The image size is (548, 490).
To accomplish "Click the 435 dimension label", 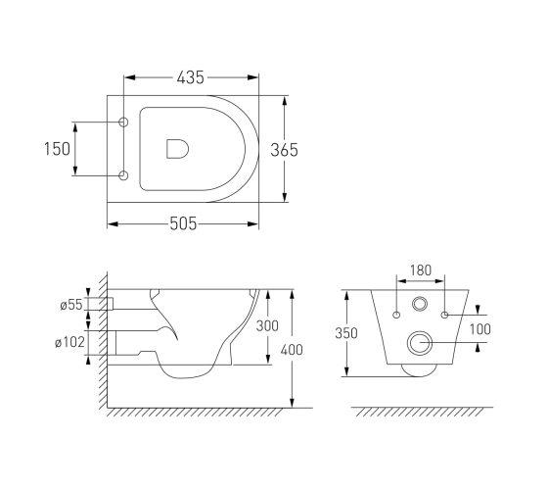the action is click(x=190, y=77).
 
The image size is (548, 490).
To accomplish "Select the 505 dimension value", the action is click(x=183, y=223).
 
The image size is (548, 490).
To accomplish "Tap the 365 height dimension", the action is click(x=284, y=150).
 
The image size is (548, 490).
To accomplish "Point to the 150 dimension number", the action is click(x=57, y=149).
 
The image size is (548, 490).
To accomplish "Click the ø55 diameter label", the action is click(x=71, y=305).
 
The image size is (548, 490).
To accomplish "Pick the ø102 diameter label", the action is click(x=69, y=342).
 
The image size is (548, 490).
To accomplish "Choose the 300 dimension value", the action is click(x=267, y=325).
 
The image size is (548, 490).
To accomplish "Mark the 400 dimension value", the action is click(x=292, y=350).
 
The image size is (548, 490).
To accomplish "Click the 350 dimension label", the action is click(x=346, y=333).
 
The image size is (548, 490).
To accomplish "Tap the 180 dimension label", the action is click(x=421, y=270).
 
